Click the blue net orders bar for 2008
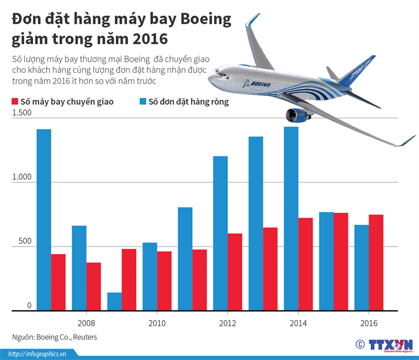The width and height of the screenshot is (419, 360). point(79,268)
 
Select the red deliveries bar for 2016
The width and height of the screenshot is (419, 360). point(376,262)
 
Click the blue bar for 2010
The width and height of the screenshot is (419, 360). point(150,276)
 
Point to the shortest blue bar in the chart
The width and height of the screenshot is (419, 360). point(115,301)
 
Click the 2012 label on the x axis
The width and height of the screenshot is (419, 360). point(227,323)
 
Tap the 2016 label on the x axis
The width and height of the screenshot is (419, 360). point(368,323)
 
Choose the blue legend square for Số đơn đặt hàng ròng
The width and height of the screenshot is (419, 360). point(143,102)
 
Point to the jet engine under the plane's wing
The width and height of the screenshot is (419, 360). point(297,115)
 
